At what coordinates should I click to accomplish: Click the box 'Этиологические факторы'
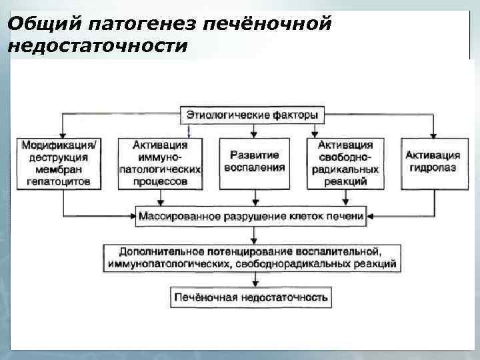click(x=252, y=115)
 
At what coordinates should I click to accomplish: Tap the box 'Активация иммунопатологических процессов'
click(x=159, y=163)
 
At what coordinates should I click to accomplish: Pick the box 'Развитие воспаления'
click(x=253, y=162)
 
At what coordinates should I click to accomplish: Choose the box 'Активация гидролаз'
click(x=431, y=162)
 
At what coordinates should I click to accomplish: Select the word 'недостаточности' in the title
click(x=98, y=46)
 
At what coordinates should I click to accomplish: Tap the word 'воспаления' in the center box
click(x=253, y=168)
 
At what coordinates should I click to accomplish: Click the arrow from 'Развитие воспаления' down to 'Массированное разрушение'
click(x=253, y=198)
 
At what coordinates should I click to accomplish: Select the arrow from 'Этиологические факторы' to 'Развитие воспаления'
click(x=253, y=131)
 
